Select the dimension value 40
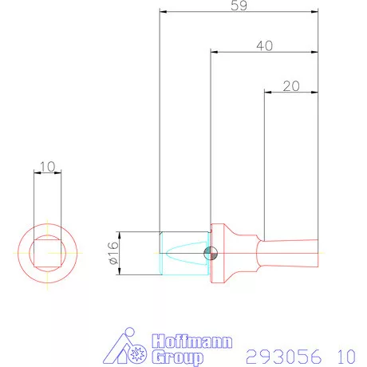pyautogui.click(x=264, y=46)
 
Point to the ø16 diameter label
pyautogui.click(x=112, y=253)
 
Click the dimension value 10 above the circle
pyautogui.click(x=46, y=167)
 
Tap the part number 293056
pyautogui.click(x=280, y=355)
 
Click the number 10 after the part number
pyautogui.click(x=345, y=355)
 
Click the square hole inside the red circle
pyautogui.click(x=46, y=253)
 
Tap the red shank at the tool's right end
pyautogui.click(x=287, y=253)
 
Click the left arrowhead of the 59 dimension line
pyautogui.click(x=163, y=12)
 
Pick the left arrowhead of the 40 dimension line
pyautogui.click(x=214, y=53)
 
